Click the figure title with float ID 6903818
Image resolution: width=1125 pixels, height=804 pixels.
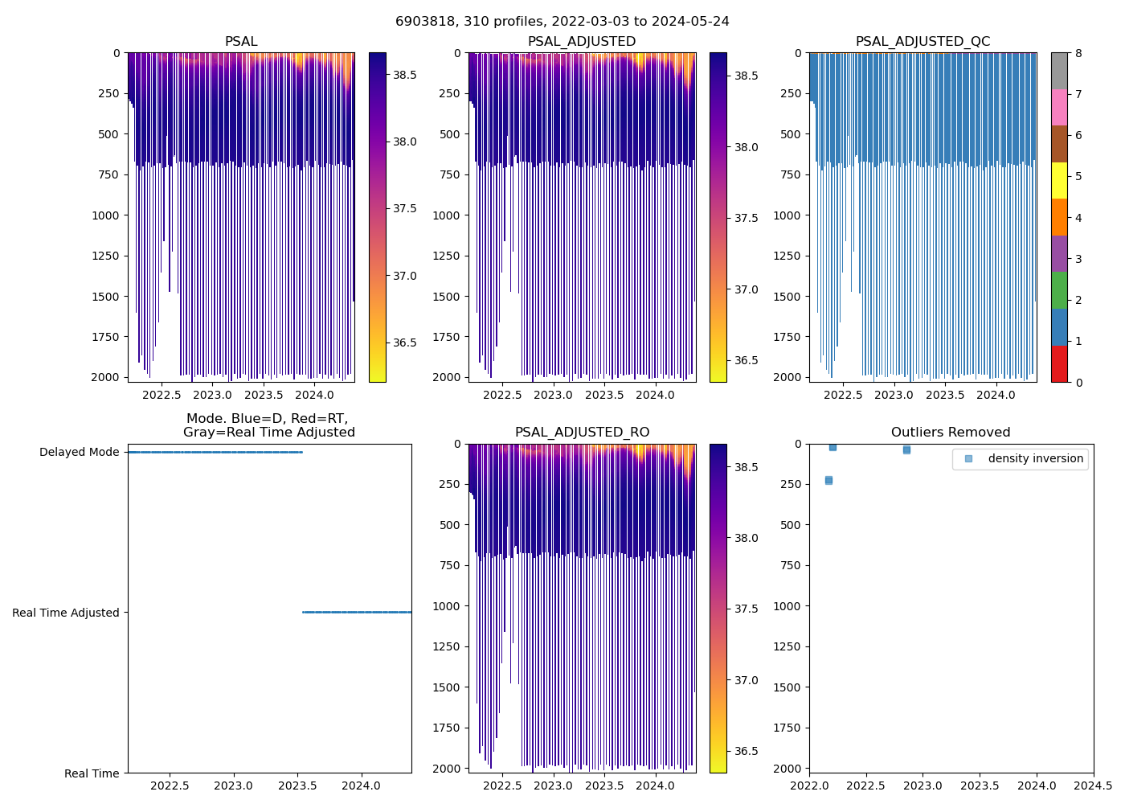tap(562, 22)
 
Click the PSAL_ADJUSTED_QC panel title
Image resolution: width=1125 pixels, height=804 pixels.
tap(922, 42)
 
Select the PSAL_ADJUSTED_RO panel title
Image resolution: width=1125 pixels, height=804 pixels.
tap(582, 433)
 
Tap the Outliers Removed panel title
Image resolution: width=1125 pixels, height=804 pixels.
tap(951, 433)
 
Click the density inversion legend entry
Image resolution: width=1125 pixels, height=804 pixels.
tap(1035, 459)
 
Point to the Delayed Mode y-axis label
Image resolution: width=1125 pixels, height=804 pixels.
tap(80, 452)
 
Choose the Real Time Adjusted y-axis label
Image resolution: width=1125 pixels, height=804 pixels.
tap(66, 613)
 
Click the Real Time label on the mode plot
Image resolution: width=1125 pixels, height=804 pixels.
tap(92, 773)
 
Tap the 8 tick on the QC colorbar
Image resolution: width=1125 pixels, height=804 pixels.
tap(1078, 53)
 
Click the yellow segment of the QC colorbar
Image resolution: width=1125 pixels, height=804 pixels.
tap(1059, 180)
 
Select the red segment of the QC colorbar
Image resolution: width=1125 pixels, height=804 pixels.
tap(1059, 363)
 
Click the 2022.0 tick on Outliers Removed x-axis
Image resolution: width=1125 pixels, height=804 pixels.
tap(809, 786)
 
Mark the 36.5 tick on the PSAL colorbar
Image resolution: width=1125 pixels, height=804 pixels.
tap(404, 343)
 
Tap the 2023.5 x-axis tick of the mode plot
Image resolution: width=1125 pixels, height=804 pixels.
tap(297, 786)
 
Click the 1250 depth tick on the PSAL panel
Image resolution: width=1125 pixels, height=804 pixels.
tap(106, 256)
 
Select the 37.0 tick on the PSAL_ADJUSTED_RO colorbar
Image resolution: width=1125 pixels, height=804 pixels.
tap(746, 680)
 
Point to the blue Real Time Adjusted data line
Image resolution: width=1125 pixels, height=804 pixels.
tap(357, 613)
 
